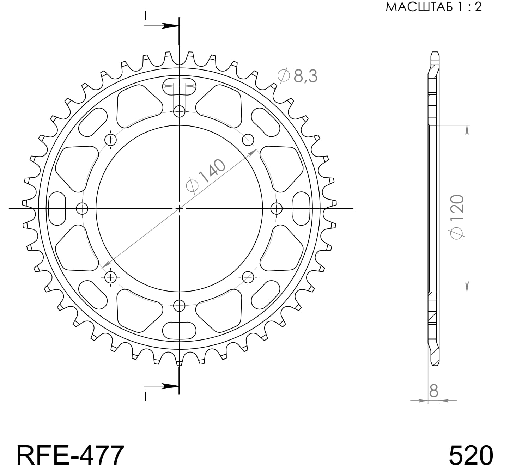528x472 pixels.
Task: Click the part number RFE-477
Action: point(70,455)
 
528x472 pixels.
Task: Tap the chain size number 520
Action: point(471,455)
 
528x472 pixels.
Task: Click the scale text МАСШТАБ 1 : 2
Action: point(433,7)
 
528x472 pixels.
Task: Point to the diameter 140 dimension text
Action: point(206,176)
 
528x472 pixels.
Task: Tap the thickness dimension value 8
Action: point(433,391)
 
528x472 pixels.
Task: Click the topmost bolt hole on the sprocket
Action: point(179,112)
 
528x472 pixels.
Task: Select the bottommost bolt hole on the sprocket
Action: point(179,305)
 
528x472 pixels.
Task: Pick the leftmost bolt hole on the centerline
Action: point(82,209)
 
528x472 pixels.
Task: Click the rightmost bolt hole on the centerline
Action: point(276,209)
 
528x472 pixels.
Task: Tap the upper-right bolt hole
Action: point(248,140)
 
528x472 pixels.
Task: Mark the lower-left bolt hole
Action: point(111,277)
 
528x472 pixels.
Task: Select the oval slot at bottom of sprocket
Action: point(179,331)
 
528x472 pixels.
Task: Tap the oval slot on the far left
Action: point(57,208)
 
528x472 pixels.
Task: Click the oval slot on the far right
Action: point(302,208)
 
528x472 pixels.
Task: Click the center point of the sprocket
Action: point(179,209)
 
